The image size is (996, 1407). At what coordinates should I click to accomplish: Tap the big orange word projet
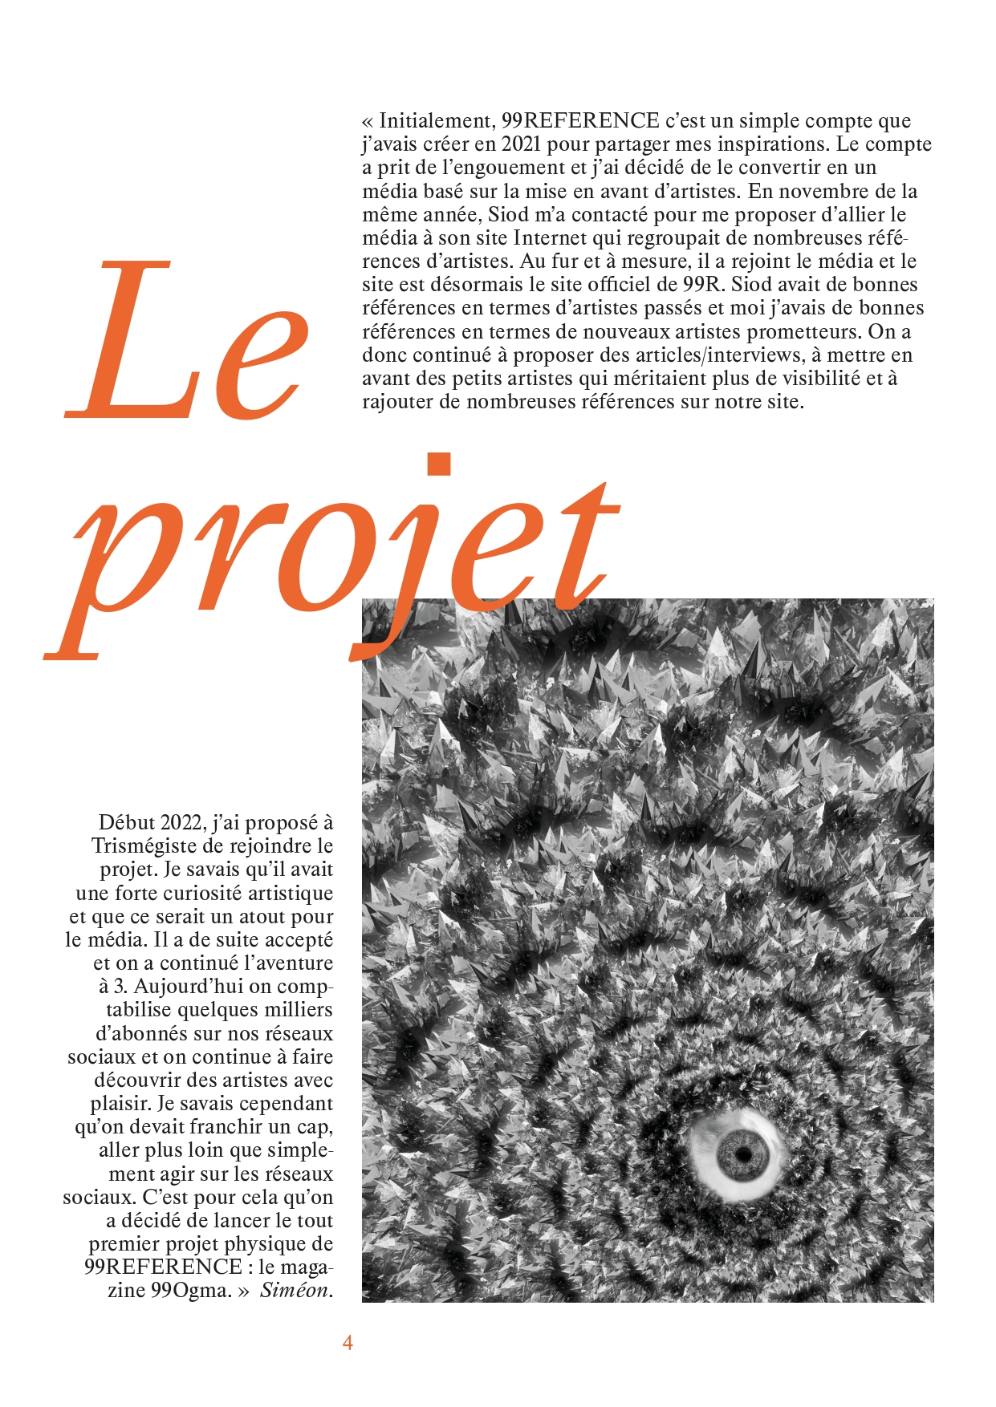tap(337, 562)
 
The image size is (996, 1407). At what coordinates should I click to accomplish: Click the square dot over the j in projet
tap(439, 464)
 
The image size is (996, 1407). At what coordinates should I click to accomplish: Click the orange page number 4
tap(348, 1343)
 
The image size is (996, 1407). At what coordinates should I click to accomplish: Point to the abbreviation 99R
tap(704, 285)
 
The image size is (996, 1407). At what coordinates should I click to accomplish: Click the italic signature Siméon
tap(295, 1291)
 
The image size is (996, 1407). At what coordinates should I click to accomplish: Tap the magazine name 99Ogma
tap(191, 1291)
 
